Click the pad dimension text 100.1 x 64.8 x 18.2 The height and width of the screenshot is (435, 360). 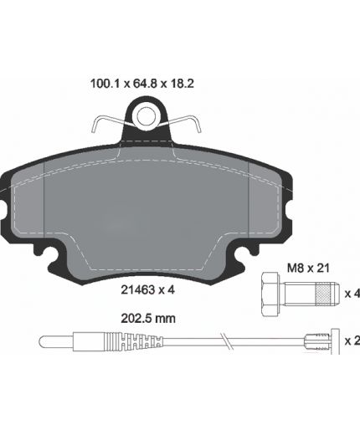142,84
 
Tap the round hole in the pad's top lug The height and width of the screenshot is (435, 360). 146,116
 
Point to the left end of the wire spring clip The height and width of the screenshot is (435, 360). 93,131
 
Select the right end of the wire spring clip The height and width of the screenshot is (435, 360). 199,131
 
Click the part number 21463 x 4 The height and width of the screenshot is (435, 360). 147,290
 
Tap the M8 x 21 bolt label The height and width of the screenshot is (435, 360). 308,269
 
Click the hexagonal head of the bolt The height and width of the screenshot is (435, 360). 270,294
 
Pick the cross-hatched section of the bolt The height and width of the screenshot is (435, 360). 323,294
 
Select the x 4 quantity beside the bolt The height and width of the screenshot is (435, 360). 352,294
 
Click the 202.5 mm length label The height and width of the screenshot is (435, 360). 148,319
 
